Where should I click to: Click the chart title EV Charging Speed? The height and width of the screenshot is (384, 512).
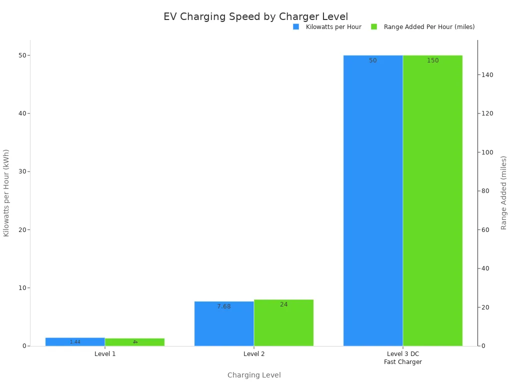[255, 16]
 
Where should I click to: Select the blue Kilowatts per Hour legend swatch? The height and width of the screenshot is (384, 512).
[296, 27]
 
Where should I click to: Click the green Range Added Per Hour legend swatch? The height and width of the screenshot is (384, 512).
[374, 27]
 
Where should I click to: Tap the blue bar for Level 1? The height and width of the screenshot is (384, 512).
[75, 341]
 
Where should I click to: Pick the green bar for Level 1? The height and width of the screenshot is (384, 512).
[134, 342]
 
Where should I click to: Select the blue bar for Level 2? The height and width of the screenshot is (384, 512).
[224, 323]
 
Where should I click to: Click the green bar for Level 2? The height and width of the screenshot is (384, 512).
[283, 322]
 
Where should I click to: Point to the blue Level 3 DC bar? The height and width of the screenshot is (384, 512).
[373, 200]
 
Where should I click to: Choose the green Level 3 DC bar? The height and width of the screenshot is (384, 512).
[432, 200]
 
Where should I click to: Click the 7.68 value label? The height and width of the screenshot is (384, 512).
[224, 306]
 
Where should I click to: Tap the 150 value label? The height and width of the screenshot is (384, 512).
[432, 60]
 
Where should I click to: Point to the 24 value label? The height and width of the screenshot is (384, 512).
[283, 304]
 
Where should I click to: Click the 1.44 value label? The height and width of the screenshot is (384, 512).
[75, 342]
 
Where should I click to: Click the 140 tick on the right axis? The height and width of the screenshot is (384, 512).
[487, 74]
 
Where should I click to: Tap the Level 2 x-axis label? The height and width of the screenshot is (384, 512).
[254, 354]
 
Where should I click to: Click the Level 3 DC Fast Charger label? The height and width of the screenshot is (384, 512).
[403, 358]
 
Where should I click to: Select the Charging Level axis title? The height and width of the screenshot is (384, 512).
[254, 375]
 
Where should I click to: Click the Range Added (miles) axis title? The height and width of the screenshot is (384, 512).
[503, 192]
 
